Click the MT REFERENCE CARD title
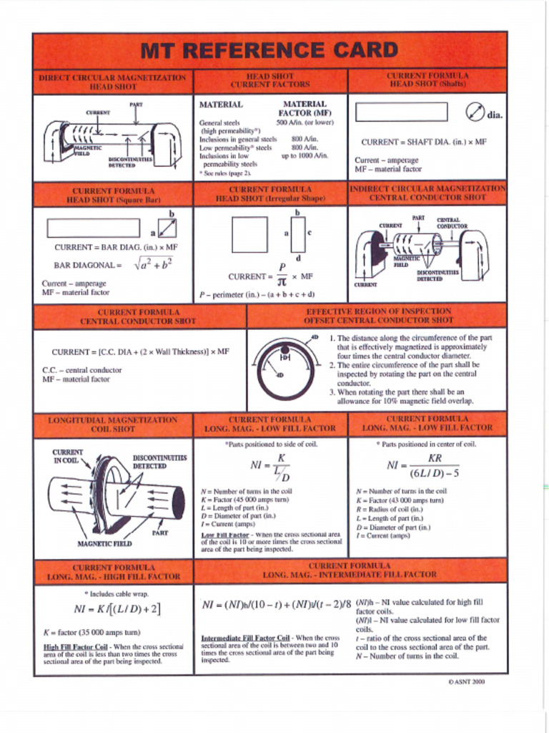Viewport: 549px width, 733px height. pyautogui.click(x=269, y=50)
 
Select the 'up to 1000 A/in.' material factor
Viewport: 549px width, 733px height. pyautogui.click(x=304, y=155)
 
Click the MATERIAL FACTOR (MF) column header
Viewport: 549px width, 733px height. pyautogui.click(x=305, y=108)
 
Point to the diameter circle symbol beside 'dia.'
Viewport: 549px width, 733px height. pyautogui.click(x=475, y=112)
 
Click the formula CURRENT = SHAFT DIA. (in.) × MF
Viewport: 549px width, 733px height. pyautogui.click(x=423, y=142)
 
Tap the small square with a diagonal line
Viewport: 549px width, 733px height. pyautogui.click(x=167, y=228)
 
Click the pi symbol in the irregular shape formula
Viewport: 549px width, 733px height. pyautogui.click(x=282, y=282)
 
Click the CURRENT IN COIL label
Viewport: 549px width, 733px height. pyautogui.click(x=68, y=456)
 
